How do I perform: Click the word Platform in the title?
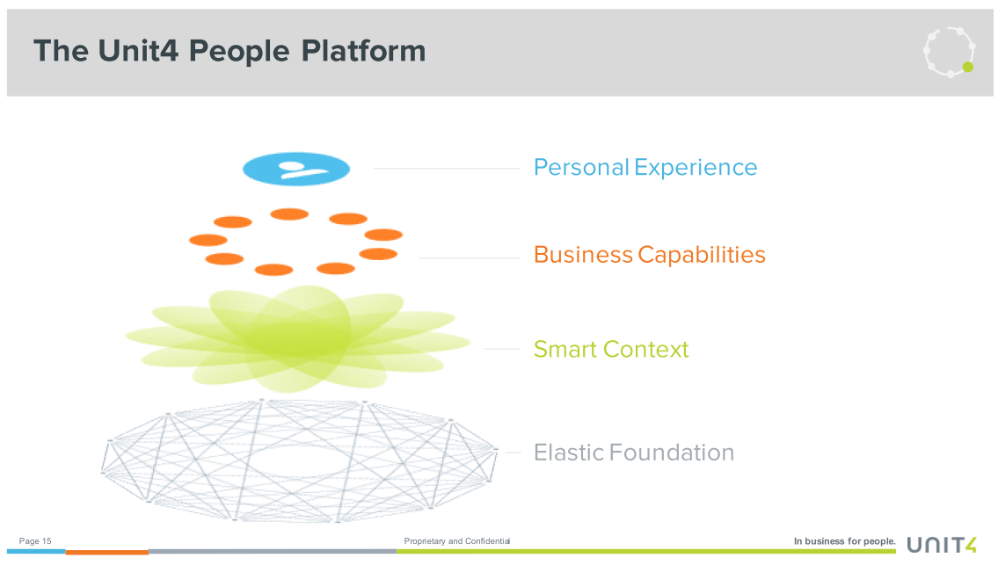pyautogui.click(x=363, y=51)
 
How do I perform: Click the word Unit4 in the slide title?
pyautogui.click(x=138, y=51)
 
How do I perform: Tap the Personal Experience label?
pyautogui.click(x=645, y=167)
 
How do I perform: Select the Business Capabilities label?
pyautogui.click(x=649, y=255)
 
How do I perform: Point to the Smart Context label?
pyautogui.click(x=611, y=349)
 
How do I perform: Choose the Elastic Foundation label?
pyautogui.click(x=634, y=453)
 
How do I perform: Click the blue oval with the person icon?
pyautogui.click(x=296, y=169)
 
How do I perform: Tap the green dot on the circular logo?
pyautogui.click(x=967, y=67)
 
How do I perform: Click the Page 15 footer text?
pyautogui.click(x=35, y=540)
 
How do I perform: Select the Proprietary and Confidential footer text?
pyautogui.click(x=457, y=540)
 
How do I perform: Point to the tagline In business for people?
pyautogui.click(x=845, y=540)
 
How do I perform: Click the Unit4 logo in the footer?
pyautogui.click(x=942, y=545)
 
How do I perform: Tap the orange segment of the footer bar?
pyautogui.click(x=107, y=553)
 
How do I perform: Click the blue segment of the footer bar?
pyautogui.click(x=36, y=551)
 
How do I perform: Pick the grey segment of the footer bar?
pyautogui.click(x=273, y=551)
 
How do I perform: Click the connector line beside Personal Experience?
pyautogui.click(x=447, y=169)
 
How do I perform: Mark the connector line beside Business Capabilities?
pyautogui.click(x=470, y=257)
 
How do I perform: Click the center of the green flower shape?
pyautogui.click(x=299, y=337)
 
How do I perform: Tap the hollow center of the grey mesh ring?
pyautogui.click(x=298, y=460)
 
